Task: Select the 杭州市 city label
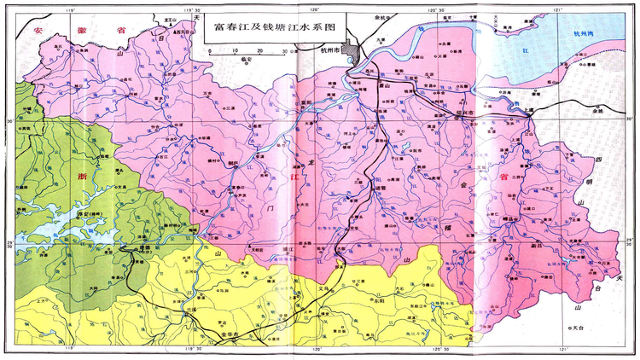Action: click(328, 53)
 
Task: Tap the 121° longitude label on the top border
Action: click(559, 10)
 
